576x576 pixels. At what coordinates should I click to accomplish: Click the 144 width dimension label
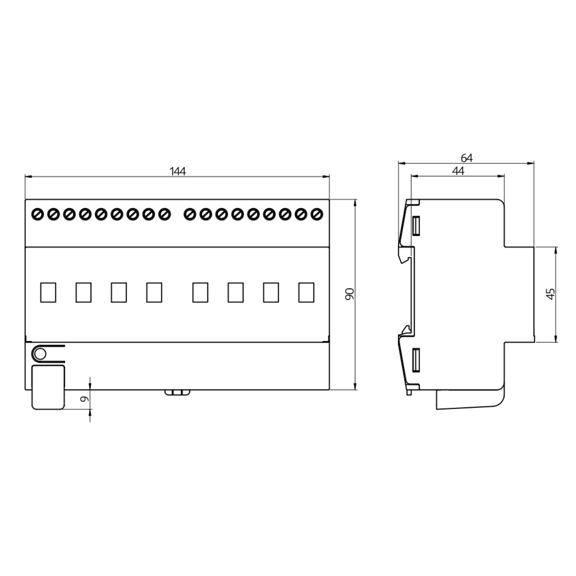pos(177,171)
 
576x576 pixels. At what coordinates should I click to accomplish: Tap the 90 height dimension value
pos(350,294)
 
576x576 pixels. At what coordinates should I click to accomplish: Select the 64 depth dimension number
pos(467,158)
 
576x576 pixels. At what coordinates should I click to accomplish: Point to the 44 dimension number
pos(458,171)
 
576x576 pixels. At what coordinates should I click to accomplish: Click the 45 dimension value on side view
pos(551,294)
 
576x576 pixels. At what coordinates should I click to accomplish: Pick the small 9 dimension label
pos(85,399)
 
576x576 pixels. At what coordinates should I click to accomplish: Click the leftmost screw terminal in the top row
pos(38,214)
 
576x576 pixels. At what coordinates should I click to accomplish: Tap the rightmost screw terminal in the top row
pos(317,214)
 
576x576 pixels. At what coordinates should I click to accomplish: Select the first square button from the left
pos(48,293)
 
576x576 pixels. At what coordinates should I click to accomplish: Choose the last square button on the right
pos(306,293)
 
